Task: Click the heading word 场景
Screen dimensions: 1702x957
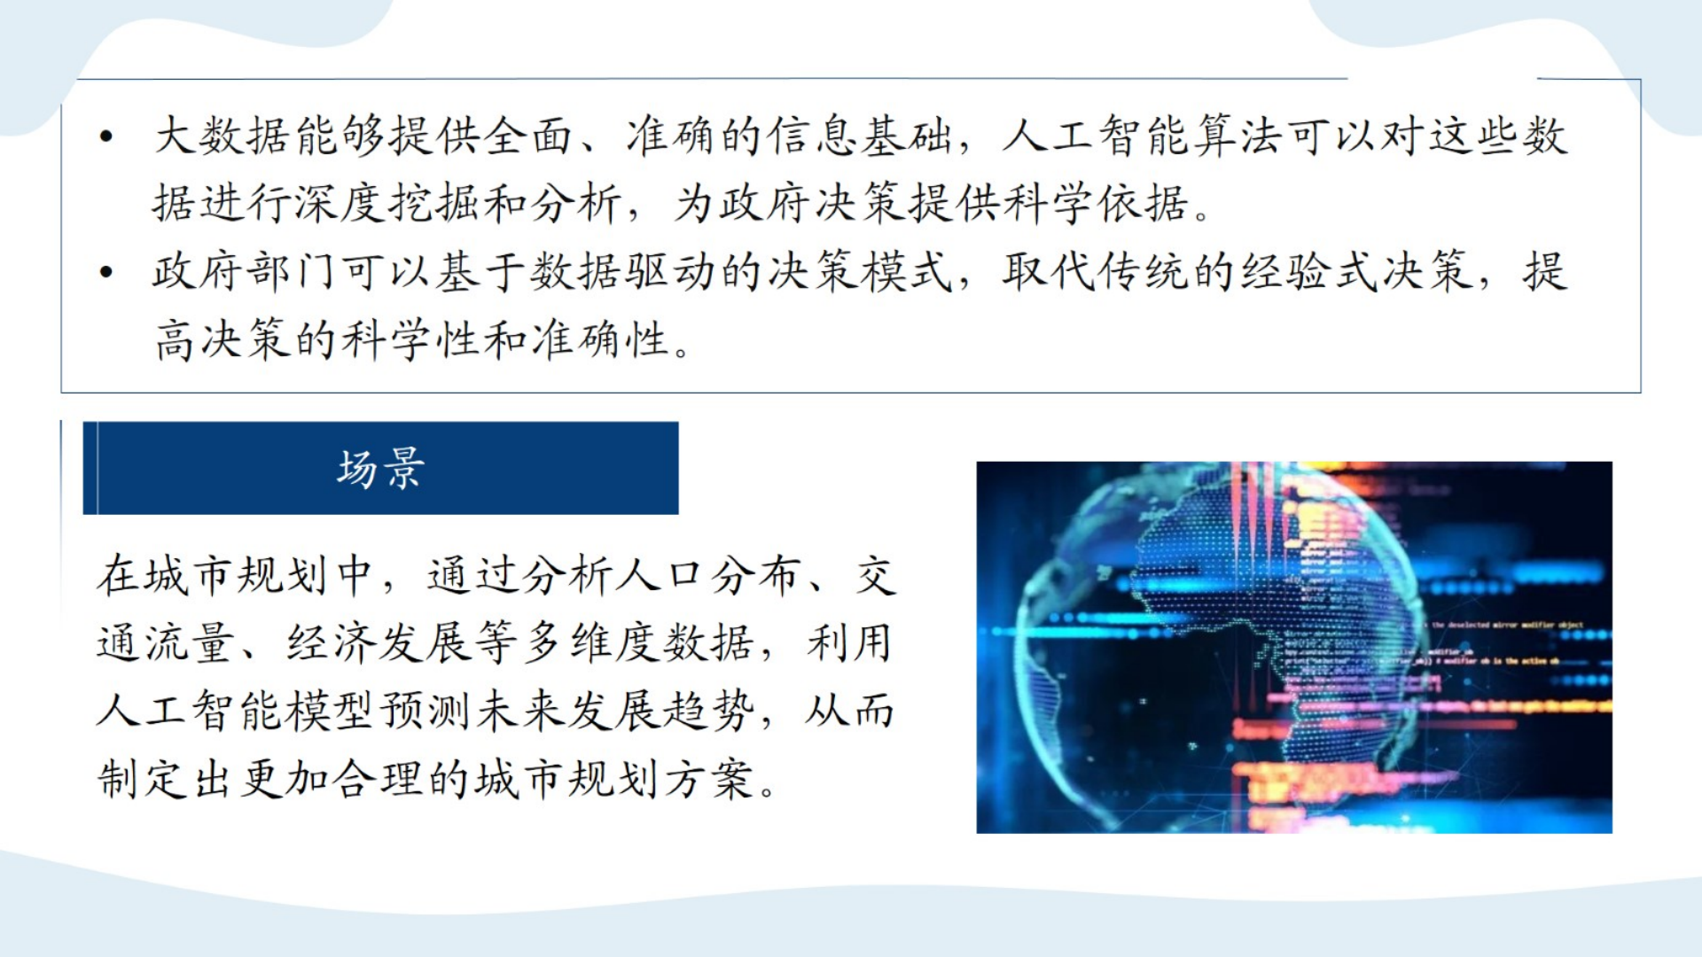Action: click(x=380, y=469)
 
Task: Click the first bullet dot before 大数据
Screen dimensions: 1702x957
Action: click(x=106, y=136)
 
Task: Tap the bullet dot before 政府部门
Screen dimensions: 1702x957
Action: click(x=106, y=272)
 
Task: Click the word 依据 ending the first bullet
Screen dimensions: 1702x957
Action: click(x=1144, y=204)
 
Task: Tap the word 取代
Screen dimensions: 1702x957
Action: click(x=1050, y=272)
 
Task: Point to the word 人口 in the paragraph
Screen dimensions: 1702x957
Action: click(x=660, y=575)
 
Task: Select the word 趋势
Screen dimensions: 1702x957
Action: click(x=710, y=711)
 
